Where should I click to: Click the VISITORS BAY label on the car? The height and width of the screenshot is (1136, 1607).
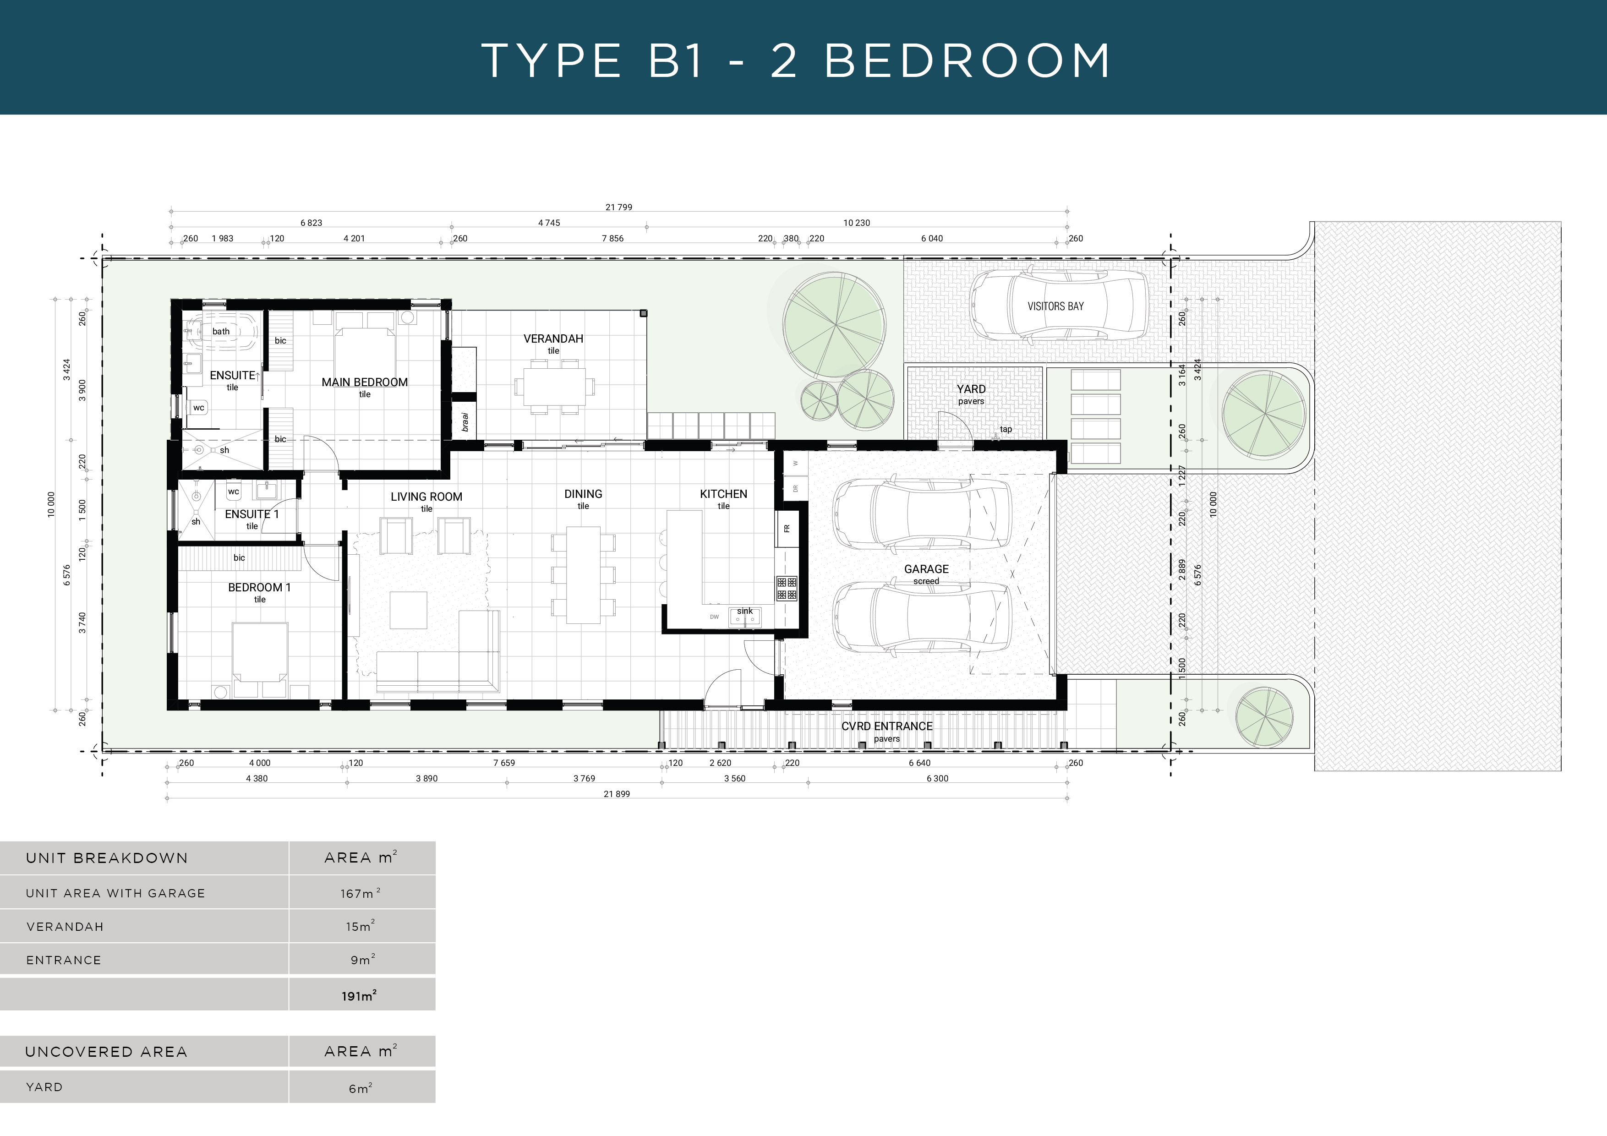1055,306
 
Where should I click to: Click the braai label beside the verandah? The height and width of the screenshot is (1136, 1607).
465,421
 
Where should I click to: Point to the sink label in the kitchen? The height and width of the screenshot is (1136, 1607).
745,611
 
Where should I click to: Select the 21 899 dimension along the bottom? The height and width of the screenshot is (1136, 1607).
617,794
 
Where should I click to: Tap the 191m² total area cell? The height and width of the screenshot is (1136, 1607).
359,996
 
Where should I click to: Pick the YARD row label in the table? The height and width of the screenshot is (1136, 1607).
44,1087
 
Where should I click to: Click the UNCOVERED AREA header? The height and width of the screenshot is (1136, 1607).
106,1052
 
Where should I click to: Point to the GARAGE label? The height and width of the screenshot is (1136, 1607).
926,569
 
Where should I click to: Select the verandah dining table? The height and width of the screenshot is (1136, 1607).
554,386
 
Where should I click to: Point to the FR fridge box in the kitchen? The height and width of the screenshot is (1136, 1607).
786,529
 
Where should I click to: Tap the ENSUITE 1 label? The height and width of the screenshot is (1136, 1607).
251,514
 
